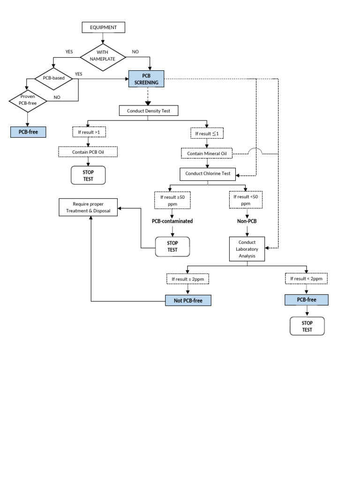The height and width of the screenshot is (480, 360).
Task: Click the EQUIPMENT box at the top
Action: coord(103,28)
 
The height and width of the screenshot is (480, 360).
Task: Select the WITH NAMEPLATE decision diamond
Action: coord(103,56)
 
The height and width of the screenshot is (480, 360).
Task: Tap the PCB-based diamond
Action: coord(53,78)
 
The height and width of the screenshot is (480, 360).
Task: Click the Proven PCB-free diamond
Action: coord(28,100)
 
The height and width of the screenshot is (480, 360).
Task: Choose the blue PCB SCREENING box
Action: coord(146,79)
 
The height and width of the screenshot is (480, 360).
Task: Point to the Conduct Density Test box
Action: coord(148,111)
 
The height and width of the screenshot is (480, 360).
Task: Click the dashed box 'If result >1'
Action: coord(89,133)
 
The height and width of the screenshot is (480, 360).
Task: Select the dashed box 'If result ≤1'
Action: coord(207,134)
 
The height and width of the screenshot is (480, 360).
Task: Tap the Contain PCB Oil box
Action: coord(88,152)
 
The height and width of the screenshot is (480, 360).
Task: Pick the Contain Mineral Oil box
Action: coord(207,153)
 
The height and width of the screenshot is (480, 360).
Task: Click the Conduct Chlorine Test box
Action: coord(208,173)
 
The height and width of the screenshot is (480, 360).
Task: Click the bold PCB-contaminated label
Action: coord(172,221)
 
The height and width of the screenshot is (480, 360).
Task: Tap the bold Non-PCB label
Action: coord(247,221)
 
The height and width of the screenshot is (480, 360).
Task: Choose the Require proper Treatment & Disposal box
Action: coord(88,208)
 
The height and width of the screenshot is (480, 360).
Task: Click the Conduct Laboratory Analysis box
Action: coord(247,249)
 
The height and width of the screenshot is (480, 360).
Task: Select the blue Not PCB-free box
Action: coord(188,300)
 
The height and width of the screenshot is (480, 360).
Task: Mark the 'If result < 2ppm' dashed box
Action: coord(306,279)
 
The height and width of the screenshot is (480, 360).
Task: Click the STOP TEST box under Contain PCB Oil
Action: coord(88,175)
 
